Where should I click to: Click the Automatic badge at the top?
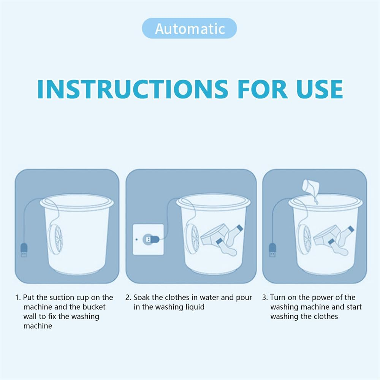(x=189, y=28)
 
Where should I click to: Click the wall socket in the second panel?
(x=148, y=239)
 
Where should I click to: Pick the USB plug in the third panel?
(x=272, y=250)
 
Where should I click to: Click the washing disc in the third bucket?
(x=305, y=239)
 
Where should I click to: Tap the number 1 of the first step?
(x=17, y=298)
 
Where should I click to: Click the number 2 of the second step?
(x=128, y=298)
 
